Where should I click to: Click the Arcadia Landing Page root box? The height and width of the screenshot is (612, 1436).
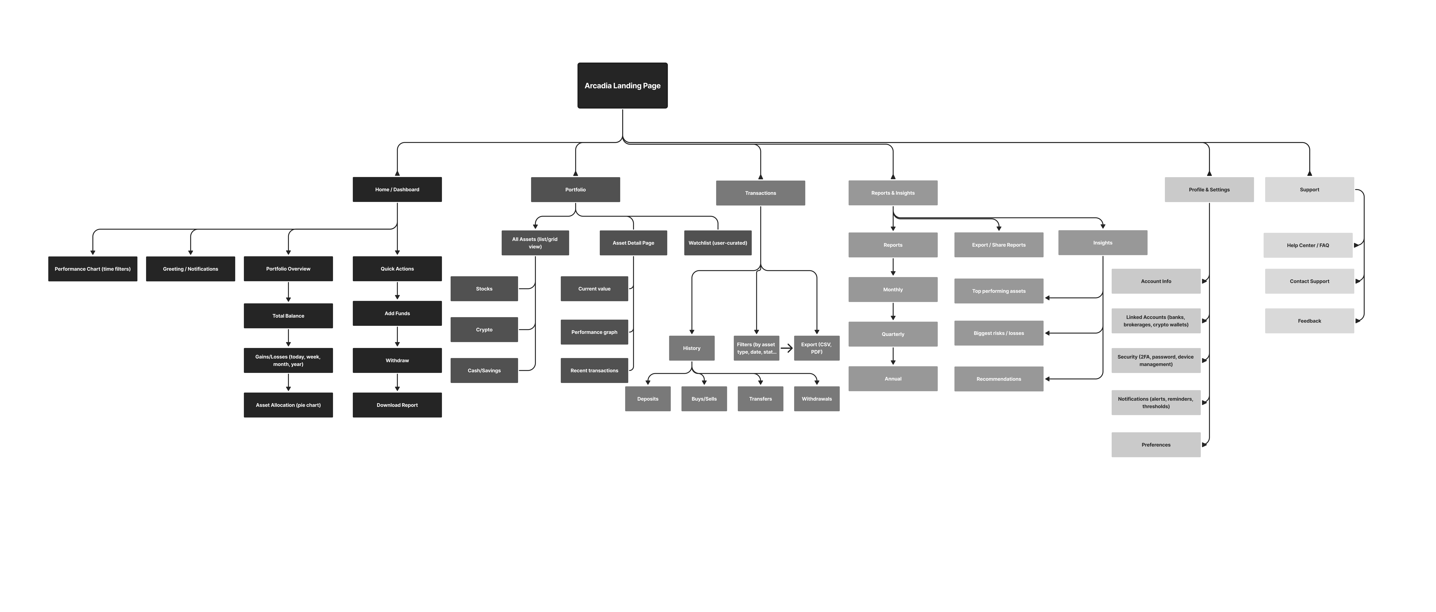[x=622, y=85]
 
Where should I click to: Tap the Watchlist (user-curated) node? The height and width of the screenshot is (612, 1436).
[x=717, y=243]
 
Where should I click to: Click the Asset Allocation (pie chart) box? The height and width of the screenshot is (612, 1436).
[x=288, y=405]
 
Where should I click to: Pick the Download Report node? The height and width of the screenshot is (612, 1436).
[x=397, y=405]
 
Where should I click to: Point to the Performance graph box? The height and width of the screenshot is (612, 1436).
[x=594, y=332]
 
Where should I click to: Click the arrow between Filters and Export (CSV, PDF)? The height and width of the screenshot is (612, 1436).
[x=787, y=348]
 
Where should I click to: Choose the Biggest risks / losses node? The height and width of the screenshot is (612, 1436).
[x=998, y=333]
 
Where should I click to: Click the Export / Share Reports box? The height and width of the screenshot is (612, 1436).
[x=998, y=245]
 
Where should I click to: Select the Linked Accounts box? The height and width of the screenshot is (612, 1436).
[x=1156, y=321]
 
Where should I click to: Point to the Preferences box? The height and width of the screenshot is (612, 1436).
[x=1156, y=445]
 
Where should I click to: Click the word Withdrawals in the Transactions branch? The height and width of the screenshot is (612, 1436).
[x=817, y=399]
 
